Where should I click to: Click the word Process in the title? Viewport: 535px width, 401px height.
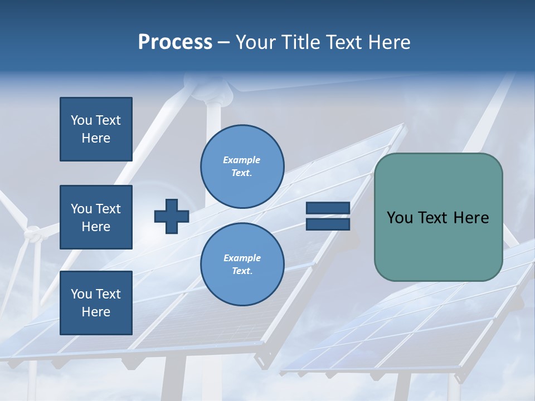coord(175,42)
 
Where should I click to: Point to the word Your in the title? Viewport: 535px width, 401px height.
coord(257,42)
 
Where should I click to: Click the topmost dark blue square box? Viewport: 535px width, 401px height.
coord(96,129)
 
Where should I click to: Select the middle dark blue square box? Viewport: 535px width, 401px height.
coord(96,217)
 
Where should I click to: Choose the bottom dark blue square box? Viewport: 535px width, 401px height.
coord(96,302)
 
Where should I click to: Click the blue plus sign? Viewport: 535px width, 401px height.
coord(171,217)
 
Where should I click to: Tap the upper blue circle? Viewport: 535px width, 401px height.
coord(242,166)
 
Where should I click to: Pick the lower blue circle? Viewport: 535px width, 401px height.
coord(242,264)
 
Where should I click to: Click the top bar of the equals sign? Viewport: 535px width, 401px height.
coord(328,208)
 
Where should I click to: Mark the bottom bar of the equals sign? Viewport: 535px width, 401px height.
coord(328,224)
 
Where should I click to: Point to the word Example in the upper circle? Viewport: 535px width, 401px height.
coord(241,160)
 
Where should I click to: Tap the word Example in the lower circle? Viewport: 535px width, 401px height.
coord(242,258)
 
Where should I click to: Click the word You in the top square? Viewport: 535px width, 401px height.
coord(81,120)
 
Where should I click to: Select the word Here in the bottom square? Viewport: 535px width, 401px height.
coord(96,312)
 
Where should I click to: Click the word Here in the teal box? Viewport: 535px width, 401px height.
coord(471,218)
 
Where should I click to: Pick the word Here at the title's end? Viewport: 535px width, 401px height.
coord(390,42)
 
